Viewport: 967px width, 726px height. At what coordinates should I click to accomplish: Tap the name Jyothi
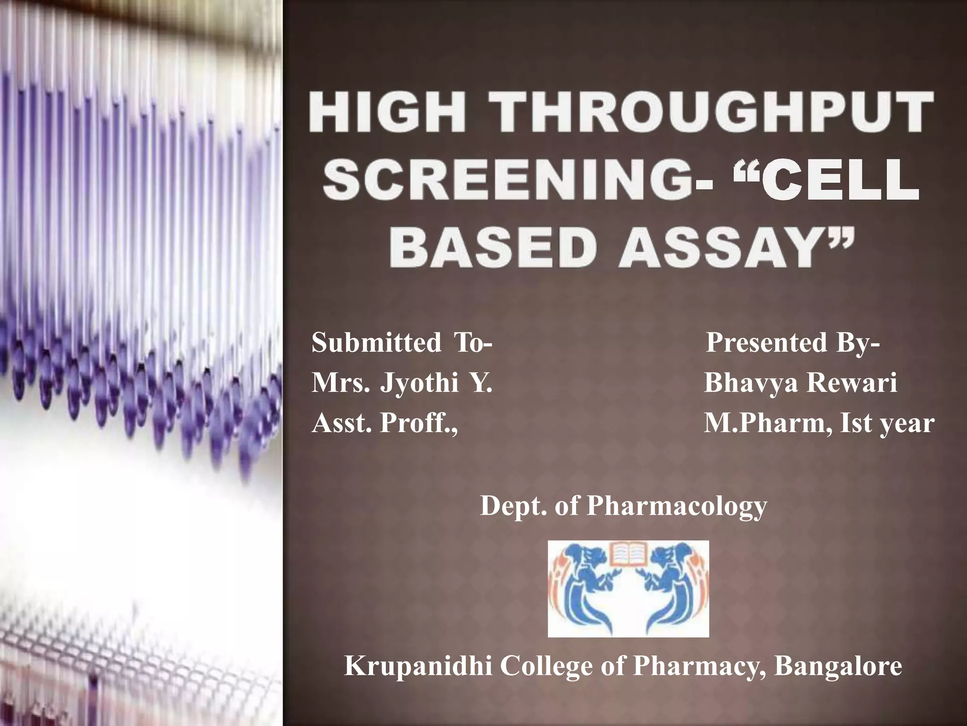pos(419,382)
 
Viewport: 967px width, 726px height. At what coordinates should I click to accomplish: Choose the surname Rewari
pos(852,382)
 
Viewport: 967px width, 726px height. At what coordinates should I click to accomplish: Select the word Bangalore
pos(838,666)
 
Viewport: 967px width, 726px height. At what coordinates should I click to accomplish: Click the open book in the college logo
pos(628,555)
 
